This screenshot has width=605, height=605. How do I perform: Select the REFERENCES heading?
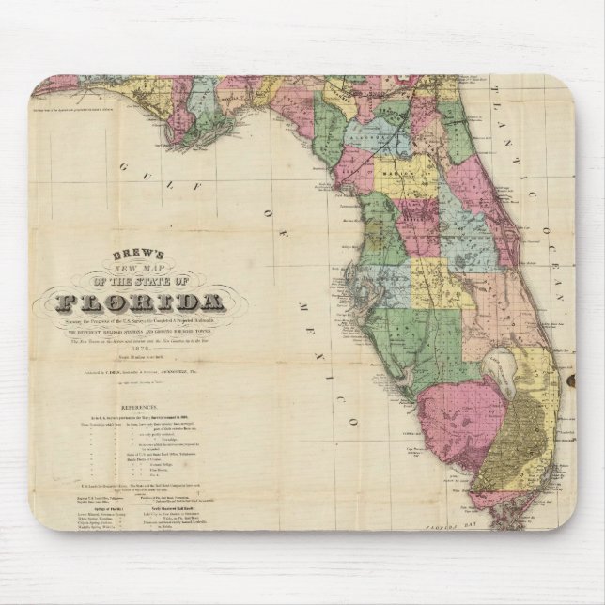click(127, 396)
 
